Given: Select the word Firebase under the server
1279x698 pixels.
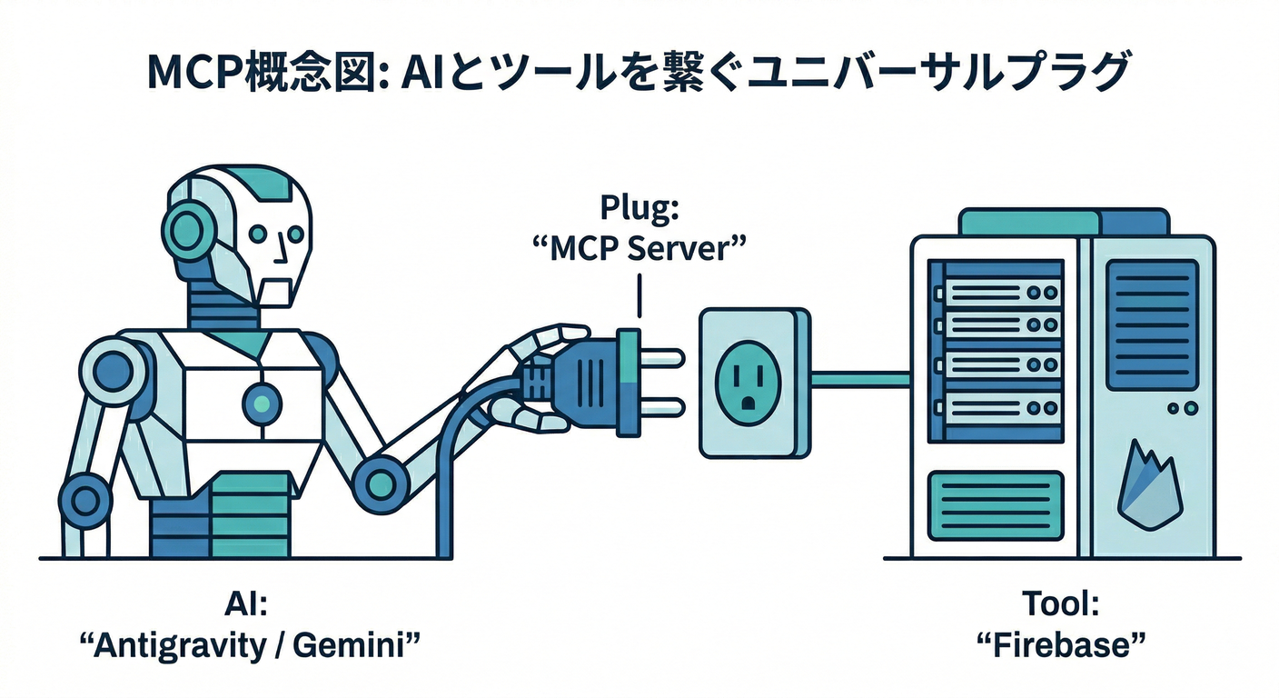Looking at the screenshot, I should (x=1059, y=647).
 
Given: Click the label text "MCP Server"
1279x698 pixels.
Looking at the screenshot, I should (x=641, y=248).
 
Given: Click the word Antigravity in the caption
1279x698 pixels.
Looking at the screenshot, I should (x=172, y=647).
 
